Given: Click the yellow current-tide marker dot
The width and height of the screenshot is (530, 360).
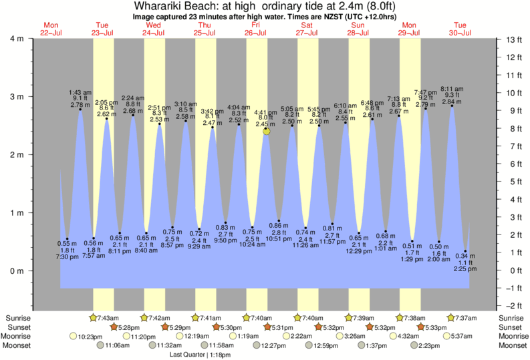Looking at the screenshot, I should [x=267, y=132].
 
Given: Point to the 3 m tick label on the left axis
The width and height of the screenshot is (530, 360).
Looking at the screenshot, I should [x=15, y=97].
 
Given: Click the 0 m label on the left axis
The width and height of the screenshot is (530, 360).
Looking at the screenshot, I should [x=15, y=271].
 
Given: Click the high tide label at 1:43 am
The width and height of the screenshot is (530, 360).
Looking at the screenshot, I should [x=80, y=99].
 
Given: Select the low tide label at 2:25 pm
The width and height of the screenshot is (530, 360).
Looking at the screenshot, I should [x=465, y=262].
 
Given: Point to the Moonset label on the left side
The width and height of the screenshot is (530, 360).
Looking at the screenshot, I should [x=19, y=346].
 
